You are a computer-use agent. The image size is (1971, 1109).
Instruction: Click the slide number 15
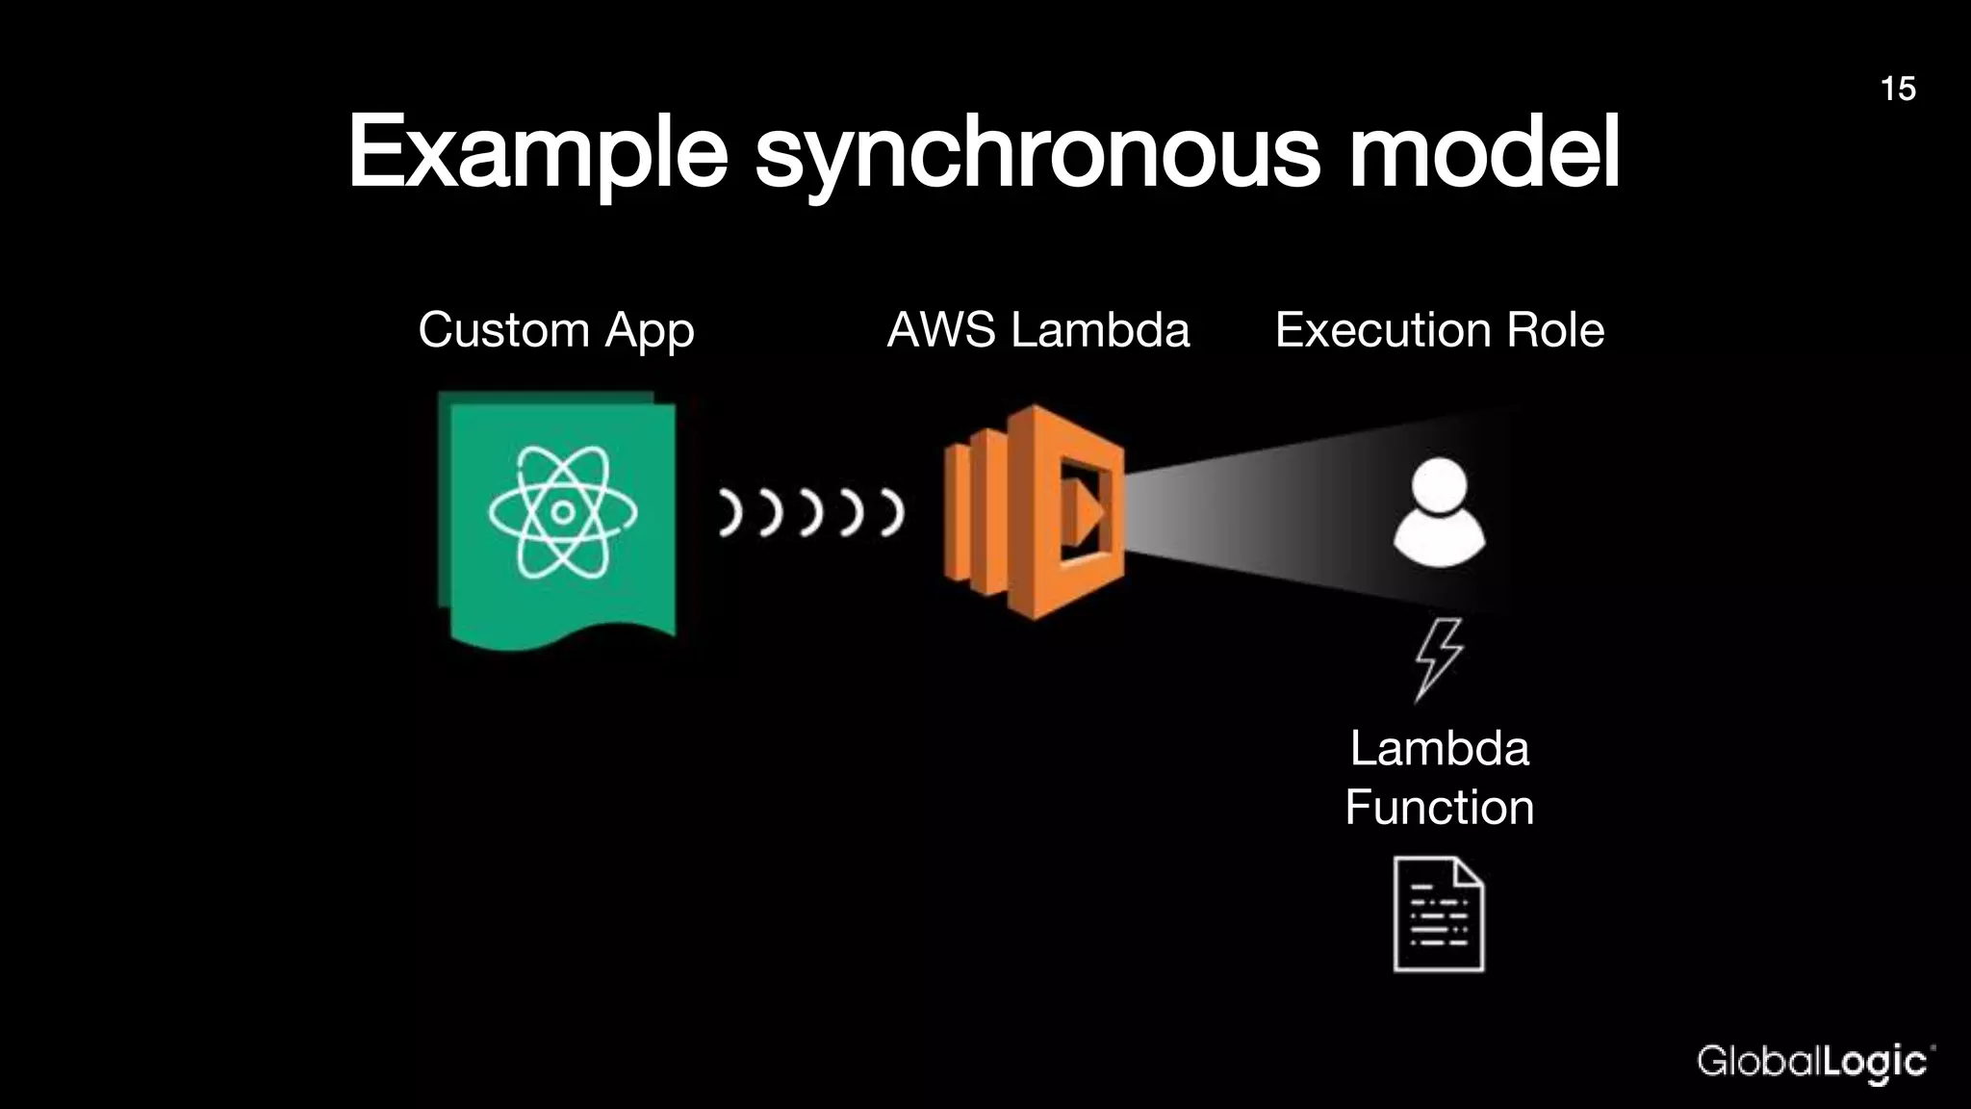pyautogui.click(x=1897, y=89)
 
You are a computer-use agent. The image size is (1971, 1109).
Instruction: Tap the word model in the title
pyautogui.click(x=1483, y=152)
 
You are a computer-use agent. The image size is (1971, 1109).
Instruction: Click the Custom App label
pyautogui.click(x=555, y=330)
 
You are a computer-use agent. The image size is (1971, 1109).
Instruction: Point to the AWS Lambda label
pyautogui.click(x=1037, y=330)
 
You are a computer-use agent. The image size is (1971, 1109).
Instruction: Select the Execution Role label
pyautogui.click(x=1439, y=330)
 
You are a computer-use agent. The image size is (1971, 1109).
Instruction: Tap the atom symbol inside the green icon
pyautogui.click(x=562, y=512)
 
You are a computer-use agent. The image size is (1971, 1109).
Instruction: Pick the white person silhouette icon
pyautogui.click(x=1439, y=512)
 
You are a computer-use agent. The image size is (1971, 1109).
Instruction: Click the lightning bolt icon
pyautogui.click(x=1438, y=658)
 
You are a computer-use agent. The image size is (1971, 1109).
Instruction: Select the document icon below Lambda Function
pyautogui.click(x=1439, y=915)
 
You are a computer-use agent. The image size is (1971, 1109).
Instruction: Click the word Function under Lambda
pyautogui.click(x=1439, y=807)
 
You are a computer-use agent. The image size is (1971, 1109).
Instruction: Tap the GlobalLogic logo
pyautogui.click(x=1815, y=1063)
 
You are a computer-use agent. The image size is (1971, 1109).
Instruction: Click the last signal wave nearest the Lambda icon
pyautogui.click(x=893, y=512)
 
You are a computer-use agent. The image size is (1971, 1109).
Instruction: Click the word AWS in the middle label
pyautogui.click(x=940, y=330)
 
